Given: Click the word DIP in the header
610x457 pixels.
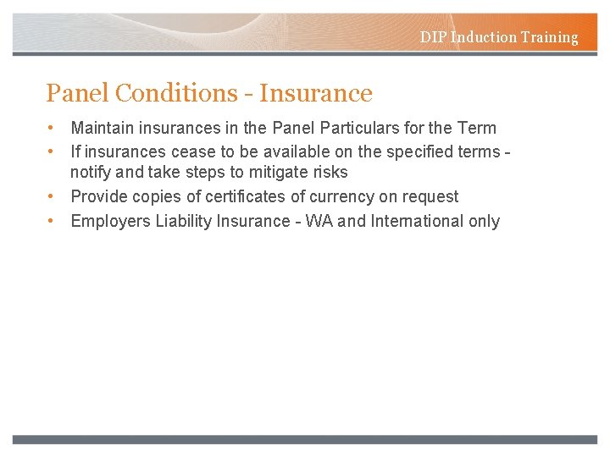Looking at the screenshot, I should pos(434,37).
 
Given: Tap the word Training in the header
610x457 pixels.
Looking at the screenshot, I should pos(550,37).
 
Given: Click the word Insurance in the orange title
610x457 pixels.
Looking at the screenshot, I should pos(316,93).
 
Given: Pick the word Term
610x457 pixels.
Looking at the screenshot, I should pos(476,128).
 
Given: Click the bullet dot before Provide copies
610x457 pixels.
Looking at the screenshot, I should pos(53,196).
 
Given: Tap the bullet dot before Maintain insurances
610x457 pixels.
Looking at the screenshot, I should pos(53,128).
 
